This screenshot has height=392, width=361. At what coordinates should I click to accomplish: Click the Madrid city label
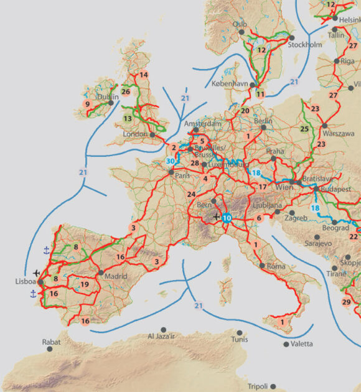click(116, 276)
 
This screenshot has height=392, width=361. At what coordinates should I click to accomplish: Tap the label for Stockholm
click(306, 45)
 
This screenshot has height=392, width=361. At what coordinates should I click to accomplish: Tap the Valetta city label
click(301, 344)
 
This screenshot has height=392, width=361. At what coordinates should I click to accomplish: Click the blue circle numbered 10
click(227, 218)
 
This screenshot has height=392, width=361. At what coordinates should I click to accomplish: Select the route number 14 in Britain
click(144, 75)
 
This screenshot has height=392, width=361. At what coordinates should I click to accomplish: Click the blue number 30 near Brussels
click(170, 161)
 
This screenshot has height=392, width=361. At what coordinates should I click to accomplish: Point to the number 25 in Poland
click(304, 129)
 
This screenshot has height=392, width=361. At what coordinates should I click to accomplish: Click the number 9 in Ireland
click(88, 104)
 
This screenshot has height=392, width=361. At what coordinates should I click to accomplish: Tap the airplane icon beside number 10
click(215, 217)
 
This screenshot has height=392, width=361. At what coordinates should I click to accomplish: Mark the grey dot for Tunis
click(235, 330)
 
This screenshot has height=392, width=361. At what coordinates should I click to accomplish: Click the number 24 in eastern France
click(192, 194)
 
